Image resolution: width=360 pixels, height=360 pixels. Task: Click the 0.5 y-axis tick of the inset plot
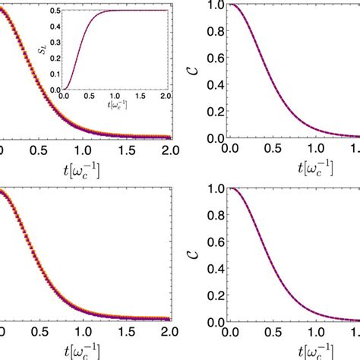click(55, 10)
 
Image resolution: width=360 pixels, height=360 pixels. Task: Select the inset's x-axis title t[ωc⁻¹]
click(115, 106)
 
